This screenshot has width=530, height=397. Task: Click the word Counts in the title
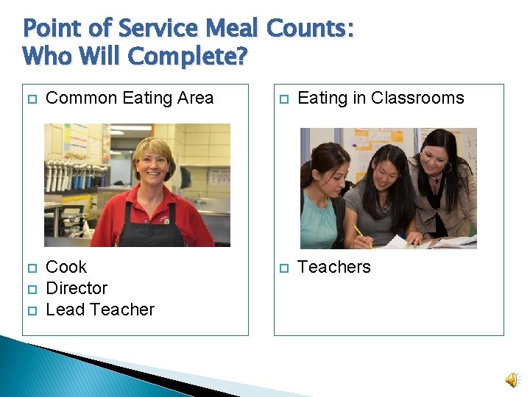pos(309,29)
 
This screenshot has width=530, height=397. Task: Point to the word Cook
pos(66,267)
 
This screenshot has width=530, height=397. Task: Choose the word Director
pos(77,288)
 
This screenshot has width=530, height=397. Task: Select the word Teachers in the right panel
pos(334,267)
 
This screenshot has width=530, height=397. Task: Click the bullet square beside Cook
pos(30,268)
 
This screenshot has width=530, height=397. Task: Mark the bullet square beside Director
pos(30,289)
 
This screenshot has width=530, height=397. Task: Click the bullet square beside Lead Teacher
pos(30,310)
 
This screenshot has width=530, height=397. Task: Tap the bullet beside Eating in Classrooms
pos(282,99)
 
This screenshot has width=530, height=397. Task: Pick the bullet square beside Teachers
pos(282,268)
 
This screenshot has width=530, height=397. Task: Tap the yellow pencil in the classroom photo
pos(359,233)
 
